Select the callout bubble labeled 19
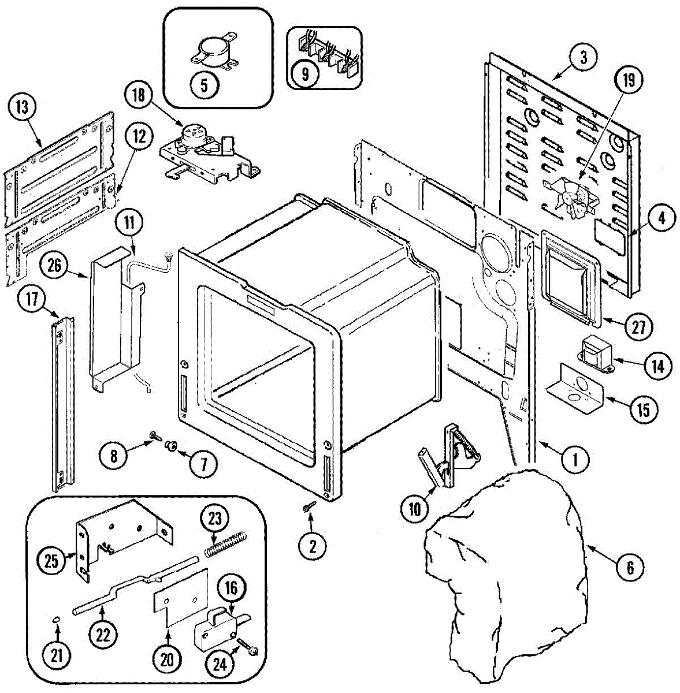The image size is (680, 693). (628, 80)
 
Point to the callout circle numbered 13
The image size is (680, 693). (22, 107)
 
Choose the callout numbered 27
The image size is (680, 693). (638, 327)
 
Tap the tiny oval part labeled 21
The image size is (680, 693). (57, 619)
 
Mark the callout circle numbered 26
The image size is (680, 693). (54, 267)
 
